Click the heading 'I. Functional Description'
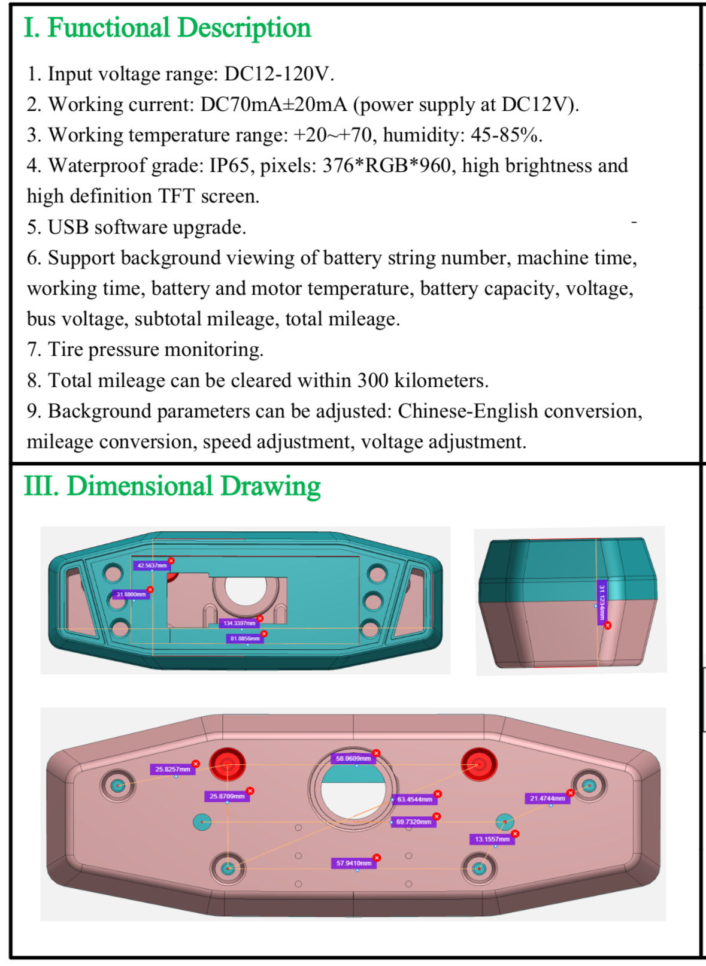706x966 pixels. (168, 28)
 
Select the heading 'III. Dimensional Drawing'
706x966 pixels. (172, 486)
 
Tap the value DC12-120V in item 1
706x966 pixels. (278, 74)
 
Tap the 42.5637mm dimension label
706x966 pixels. (151, 565)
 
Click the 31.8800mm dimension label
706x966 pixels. (131, 595)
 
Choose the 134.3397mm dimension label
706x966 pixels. (239, 623)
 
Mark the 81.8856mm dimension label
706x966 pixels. (245, 639)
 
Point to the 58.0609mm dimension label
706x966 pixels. (353, 759)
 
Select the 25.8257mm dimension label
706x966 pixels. (172, 770)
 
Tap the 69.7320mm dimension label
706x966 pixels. (413, 822)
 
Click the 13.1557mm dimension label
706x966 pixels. (492, 840)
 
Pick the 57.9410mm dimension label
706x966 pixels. (353, 864)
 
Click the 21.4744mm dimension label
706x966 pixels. (547, 799)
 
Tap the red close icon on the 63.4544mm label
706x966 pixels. (438, 794)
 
